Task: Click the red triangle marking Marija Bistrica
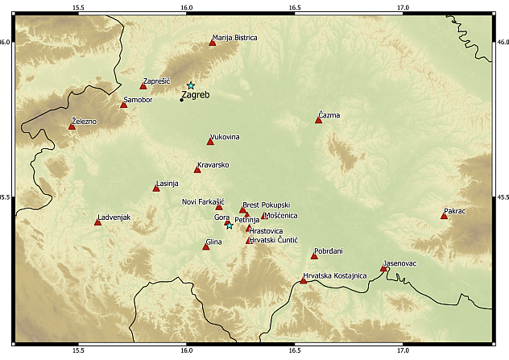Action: (x=213, y=43)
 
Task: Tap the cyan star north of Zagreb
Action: (x=191, y=85)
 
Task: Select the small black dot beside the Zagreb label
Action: (x=181, y=100)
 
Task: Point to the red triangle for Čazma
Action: (x=318, y=120)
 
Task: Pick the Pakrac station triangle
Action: (x=444, y=216)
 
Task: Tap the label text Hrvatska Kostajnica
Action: (x=335, y=275)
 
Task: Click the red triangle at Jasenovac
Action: (x=383, y=268)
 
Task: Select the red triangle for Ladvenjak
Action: (x=97, y=221)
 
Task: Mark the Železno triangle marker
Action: (x=72, y=126)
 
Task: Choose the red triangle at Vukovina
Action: (x=210, y=142)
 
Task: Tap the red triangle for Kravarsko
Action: (x=197, y=169)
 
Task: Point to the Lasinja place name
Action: (x=167, y=184)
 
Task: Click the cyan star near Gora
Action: (x=230, y=226)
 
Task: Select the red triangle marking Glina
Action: (x=206, y=246)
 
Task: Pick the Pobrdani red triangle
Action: (x=314, y=256)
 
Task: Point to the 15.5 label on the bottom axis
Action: (x=77, y=351)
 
